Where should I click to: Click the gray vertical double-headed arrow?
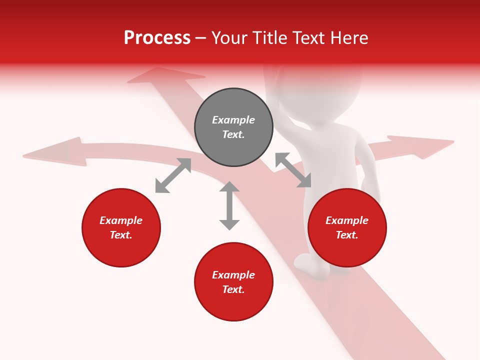(x=229, y=205)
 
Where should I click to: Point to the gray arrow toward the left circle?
(x=173, y=175)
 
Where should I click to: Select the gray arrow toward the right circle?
(x=293, y=170)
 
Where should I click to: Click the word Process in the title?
(x=157, y=37)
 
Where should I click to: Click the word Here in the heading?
(x=350, y=37)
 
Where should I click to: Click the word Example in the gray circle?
(x=233, y=120)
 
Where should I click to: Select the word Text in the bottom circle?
(x=232, y=289)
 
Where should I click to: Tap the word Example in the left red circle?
(x=121, y=220)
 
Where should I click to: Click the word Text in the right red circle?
(x=346, y=235)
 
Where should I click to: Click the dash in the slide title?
(x=201, y=38)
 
